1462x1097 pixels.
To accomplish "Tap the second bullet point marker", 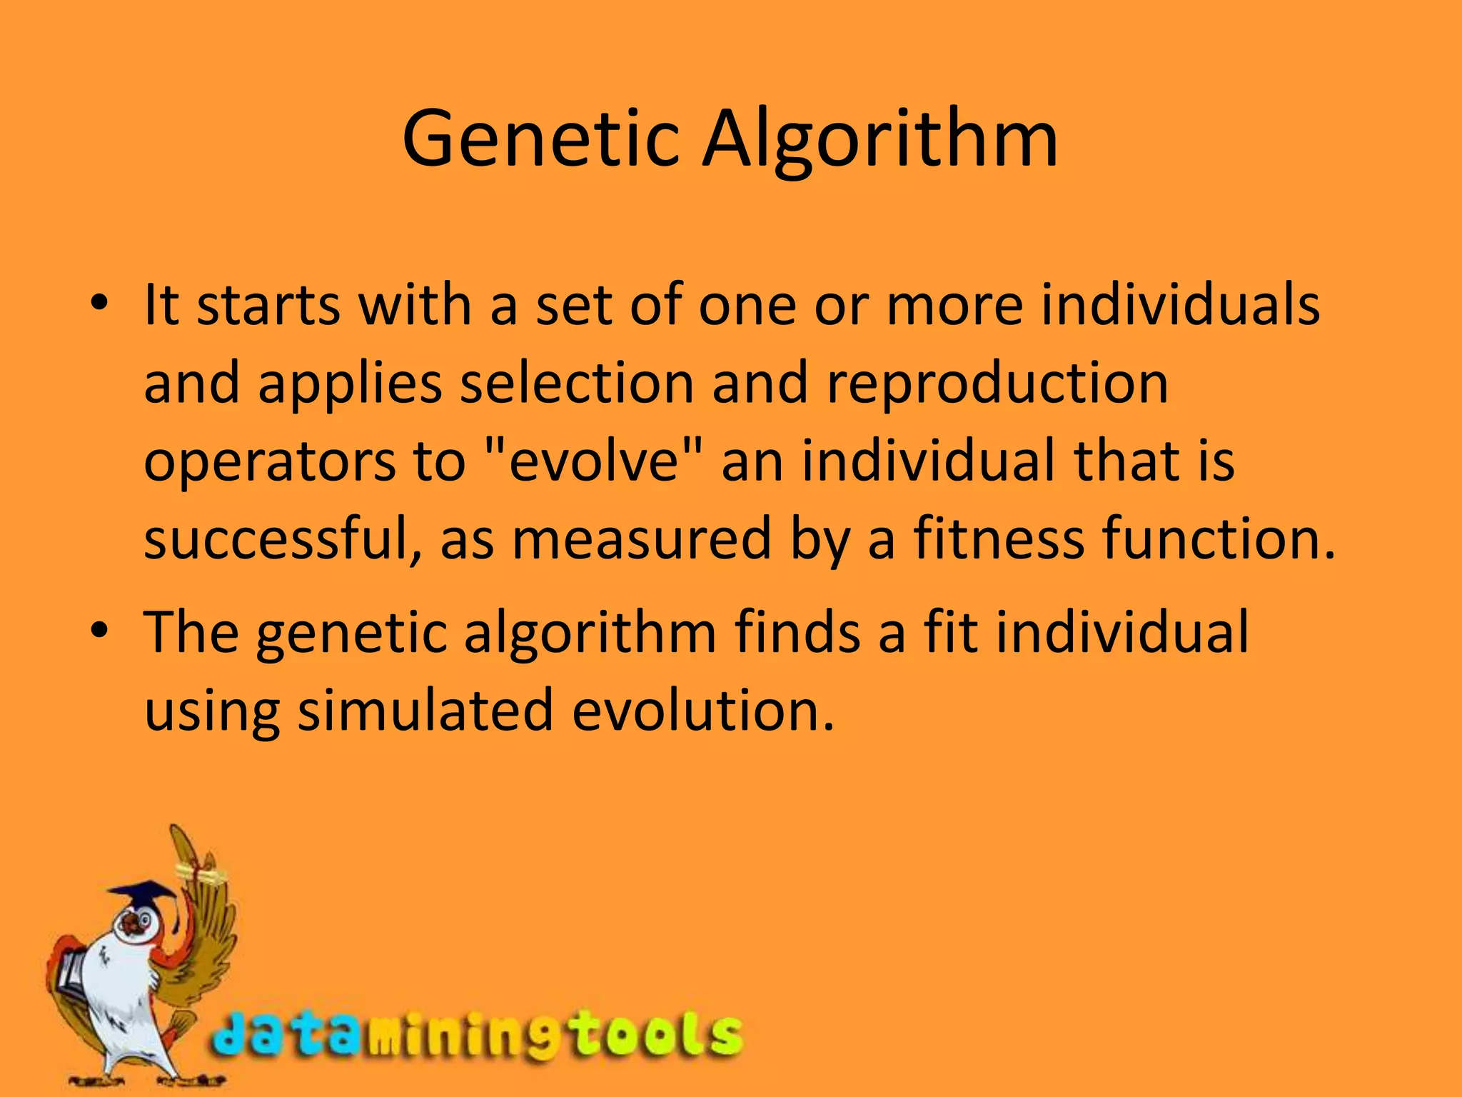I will [x=99, y=632].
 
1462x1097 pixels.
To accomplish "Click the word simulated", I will [x=425, y=711].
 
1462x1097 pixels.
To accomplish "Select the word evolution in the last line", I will [x=703, y=711].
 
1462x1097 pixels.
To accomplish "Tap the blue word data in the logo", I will [x=286, y=1036].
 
